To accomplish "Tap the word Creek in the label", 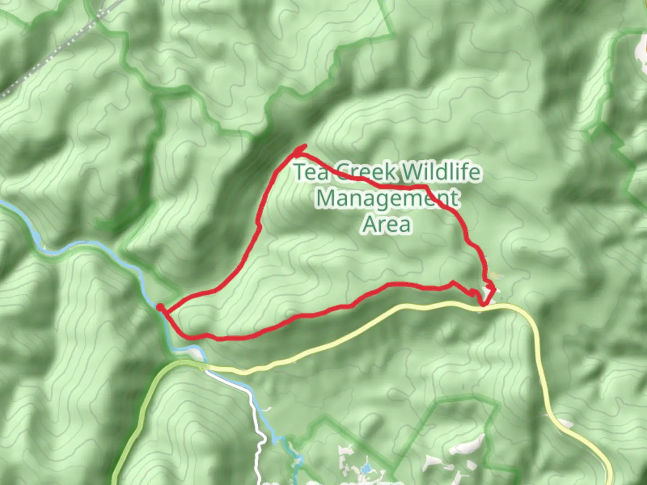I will tap(366, 172).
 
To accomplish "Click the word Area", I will tap(386, 224).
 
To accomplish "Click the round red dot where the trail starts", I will tap(160, 307).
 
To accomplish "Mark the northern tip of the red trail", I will tap(306, 145).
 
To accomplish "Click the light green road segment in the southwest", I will tap(135, 413).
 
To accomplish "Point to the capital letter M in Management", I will tap(327, 198).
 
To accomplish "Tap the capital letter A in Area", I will tap(370, 224).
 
